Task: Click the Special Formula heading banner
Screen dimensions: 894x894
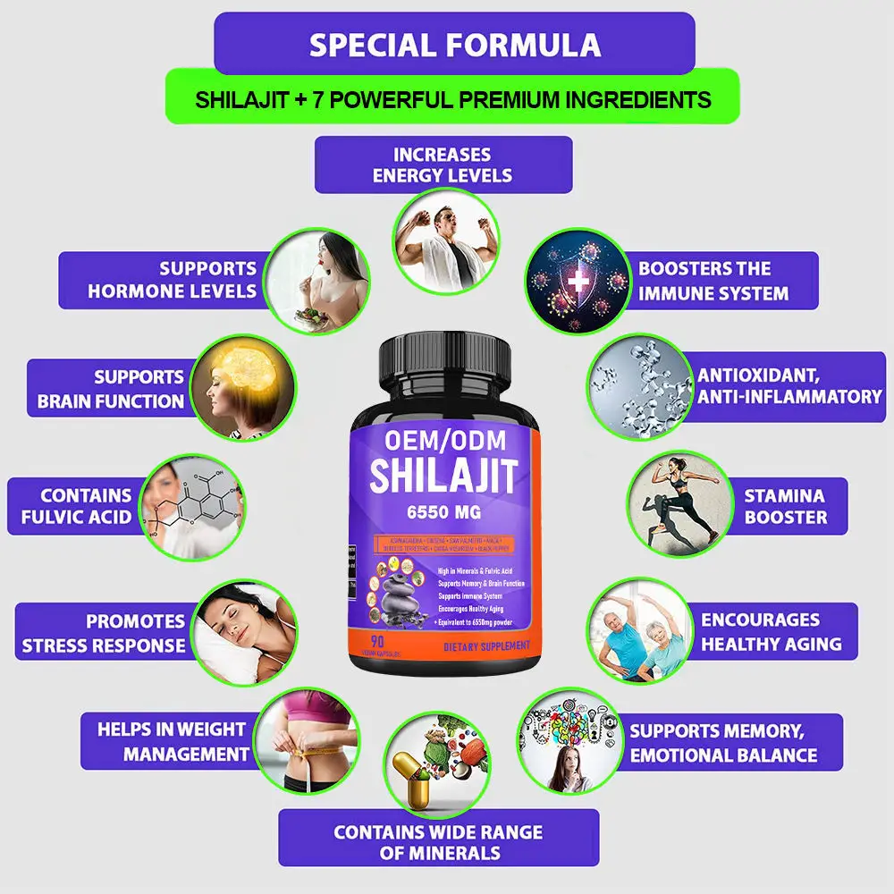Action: (x=454, y=45)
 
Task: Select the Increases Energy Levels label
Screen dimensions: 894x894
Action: (x=443, y=164)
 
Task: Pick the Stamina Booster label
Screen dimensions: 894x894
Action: (x=785, y=506)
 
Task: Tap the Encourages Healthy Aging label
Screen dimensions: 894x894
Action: (x=771, y=631)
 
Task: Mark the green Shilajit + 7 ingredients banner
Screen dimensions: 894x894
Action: (x=453, y=98)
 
